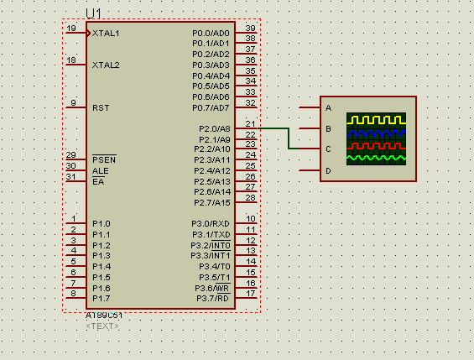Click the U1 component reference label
click(x=93, y=13)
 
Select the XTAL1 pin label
click(x=106, y=33)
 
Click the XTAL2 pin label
click(x=106, y=65)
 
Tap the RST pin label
click(x=101, y=107)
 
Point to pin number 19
click(x=71, y=29)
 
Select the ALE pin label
click(x=100, y=170)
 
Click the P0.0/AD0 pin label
click(x=211, y=33)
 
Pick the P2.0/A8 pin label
click(x=214, y=128)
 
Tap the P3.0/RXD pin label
click(x=210, y=223)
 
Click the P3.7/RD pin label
click(x=213, y=299)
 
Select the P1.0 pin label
click(x=101, y=223)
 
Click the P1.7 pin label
click(x=101, y=299)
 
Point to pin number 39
click(x=250, y=29)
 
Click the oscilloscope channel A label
click(x=328, y=108)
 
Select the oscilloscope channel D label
click(x=328, y=170)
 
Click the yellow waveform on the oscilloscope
click(x=376, y=121)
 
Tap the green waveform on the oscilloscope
click(x=376, y=157)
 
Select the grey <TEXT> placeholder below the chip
click(x=102, y=326)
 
